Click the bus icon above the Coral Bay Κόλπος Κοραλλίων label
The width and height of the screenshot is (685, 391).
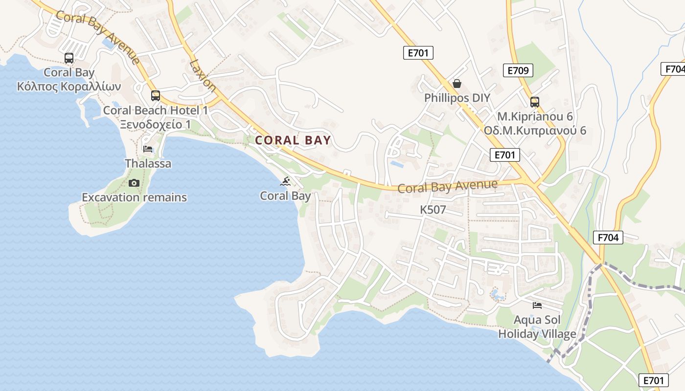click(69, 58)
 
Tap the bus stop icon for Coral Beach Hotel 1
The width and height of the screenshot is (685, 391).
click(156, 96)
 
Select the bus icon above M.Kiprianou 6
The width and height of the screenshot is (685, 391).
click(535, 102)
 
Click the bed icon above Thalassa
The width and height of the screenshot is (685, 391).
click(148, 149)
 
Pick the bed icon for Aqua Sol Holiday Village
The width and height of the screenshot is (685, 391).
click(537, 305)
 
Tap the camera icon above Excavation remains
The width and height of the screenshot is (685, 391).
click(134, 183)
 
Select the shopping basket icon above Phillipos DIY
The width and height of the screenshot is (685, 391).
click(457, 84)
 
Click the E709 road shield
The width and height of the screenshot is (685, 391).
click(518, 70)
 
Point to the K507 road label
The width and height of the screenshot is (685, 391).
click(433, 210)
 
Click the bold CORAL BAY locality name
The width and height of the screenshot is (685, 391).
click(293, 140)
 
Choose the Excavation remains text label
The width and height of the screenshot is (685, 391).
click(134, 197)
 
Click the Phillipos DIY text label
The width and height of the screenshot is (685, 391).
click(457, 98)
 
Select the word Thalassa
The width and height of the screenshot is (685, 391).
click(148, 163)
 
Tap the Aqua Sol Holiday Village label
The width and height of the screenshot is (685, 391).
click(537, 327)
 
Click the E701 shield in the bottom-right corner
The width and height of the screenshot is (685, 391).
click(654, 380)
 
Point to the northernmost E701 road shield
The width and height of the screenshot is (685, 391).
click(418, 53)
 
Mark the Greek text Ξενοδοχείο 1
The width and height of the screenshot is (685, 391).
click(156, 125)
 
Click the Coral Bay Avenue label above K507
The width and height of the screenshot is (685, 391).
click(447, 186)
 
